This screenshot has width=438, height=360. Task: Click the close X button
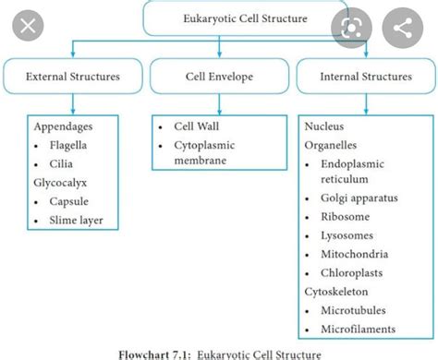[x=28, y=26]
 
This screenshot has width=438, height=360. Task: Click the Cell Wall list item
[x=200, y=126]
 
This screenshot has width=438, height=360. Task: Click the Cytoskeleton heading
[x=335, y=291]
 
